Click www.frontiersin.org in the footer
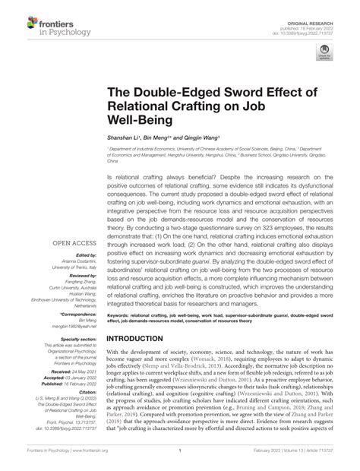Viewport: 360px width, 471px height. click(x=81, y=462)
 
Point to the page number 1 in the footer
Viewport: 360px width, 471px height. click(x=180, y=462)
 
